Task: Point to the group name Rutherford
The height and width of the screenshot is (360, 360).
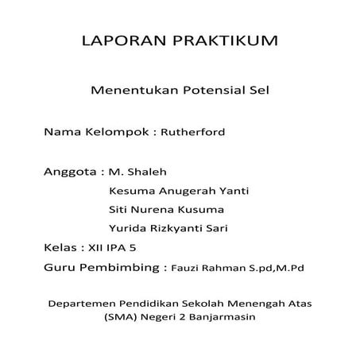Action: [x=194, y=132]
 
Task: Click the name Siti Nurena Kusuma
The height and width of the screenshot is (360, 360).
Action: [x=165, y=210]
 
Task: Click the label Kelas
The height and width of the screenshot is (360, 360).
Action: [x=61, y=248]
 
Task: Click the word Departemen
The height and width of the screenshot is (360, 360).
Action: [x=87, y=303]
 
